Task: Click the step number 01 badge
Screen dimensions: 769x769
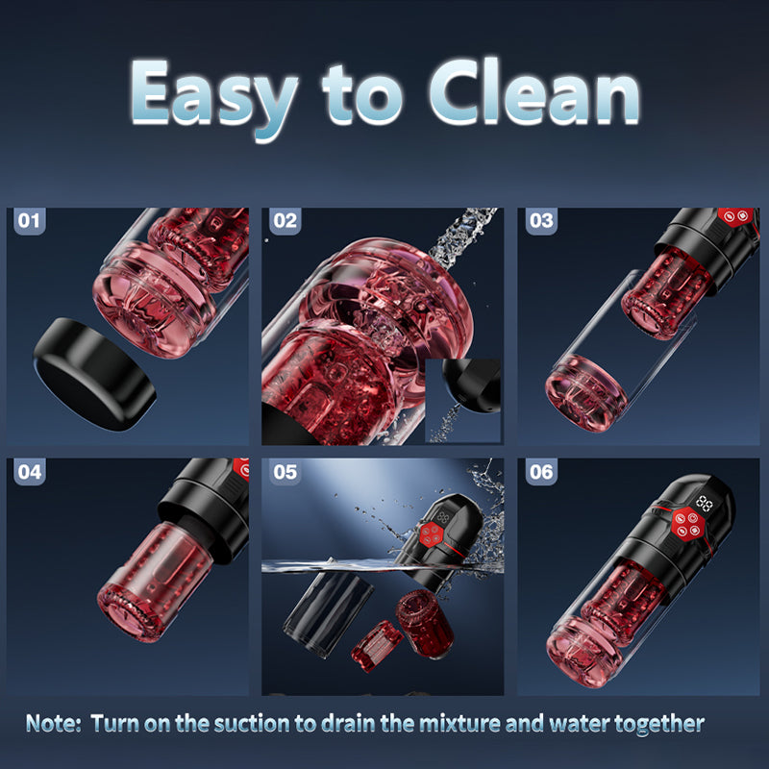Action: (31, 221)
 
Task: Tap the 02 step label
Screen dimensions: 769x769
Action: (285, 221)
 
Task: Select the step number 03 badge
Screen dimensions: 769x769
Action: (541, 221)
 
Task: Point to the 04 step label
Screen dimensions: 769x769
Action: (31, 472)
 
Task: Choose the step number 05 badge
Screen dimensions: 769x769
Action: (285, 472)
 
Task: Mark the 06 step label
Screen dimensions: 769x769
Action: (541, 472)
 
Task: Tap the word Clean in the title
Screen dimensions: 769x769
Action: (533, 93)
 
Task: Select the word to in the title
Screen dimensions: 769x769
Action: (366, 94)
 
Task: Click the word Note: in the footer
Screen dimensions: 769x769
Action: (54, 723)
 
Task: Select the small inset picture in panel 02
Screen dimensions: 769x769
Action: (462, 400)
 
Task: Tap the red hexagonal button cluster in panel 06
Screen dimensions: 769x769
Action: (686, 525)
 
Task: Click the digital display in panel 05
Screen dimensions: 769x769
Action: (444, 515)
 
